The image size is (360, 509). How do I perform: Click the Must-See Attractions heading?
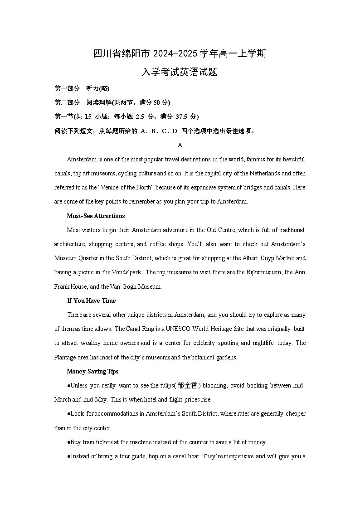point(96,216)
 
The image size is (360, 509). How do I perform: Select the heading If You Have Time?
point(92,301)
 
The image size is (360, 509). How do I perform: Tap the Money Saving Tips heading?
point(92,371)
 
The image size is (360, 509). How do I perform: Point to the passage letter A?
point(180,145)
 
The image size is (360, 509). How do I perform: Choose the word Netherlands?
point(260,174)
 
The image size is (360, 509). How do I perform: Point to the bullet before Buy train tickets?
point(68,442)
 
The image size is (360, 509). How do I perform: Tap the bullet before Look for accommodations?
point(68,414)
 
